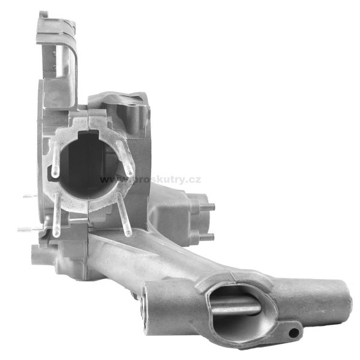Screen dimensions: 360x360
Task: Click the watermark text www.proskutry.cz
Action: point(151,179)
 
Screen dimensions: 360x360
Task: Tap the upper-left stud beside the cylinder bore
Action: point(56,159)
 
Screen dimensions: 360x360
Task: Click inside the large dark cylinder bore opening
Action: point(88,167)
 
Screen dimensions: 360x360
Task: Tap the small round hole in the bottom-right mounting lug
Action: point(293,332)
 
